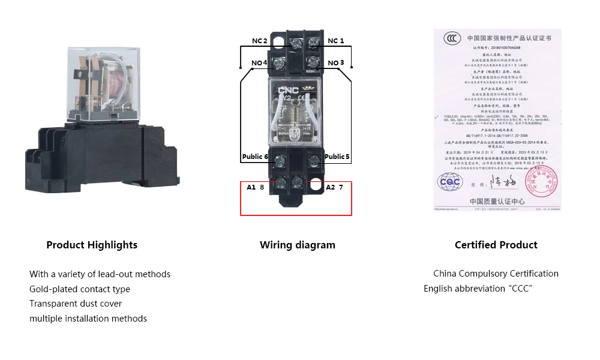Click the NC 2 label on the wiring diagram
(x=260, y=41)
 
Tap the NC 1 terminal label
(x=336, y=41)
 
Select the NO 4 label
(x=259, y=63)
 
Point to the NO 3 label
(x=336, y=63)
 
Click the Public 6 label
(x=255, y=157)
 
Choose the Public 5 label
(x=337, y=157)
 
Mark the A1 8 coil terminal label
(x=256, y=187)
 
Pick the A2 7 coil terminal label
(x=334, y=187)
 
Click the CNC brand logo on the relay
(x=287, y=89)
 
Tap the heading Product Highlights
(x=92, y=245)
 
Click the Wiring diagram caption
(x=298, y=245)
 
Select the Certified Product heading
(x=496, y=245)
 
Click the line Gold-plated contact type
(x=80, y=289)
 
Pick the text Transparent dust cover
(x=76, y=304)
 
